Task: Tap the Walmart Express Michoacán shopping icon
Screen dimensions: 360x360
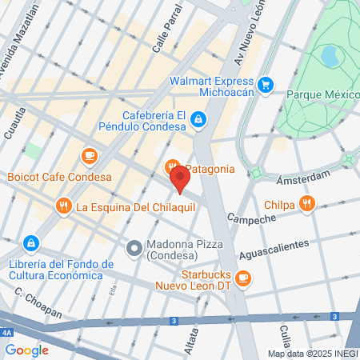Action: click(266, 84)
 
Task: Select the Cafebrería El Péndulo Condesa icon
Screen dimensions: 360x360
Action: click(198, 120)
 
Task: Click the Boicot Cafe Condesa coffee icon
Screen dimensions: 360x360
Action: click(89, 154)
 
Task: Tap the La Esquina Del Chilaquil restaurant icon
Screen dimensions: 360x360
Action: click(63, 206)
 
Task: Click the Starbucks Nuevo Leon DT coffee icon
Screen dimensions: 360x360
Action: click(244, 278)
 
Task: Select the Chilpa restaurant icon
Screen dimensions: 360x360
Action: click(307, 204)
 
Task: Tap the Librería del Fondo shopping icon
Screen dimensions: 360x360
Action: click(30, 242)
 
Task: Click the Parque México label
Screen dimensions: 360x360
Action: click(322, 94)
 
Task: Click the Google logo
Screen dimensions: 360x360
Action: click(26, 350)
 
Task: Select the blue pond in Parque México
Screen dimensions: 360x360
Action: click(329, 55)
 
